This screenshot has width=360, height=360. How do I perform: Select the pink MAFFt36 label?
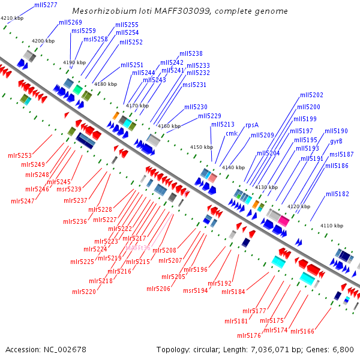point(137,247)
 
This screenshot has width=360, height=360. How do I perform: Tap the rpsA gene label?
point(252,125)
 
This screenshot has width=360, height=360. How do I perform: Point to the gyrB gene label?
point(336,142)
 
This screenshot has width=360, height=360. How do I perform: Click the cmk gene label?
point(232,134)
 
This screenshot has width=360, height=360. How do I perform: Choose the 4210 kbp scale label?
point(11,19)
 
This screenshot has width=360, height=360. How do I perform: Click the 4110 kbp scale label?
point(331,226)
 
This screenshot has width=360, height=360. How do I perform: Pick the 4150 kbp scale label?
point(201,147)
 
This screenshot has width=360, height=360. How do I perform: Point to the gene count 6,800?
point(341,349)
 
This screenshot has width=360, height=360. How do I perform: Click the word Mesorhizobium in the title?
point(100,11)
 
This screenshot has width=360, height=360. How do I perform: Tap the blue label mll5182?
point(337,194)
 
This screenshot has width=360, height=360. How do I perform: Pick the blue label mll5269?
point(70,22)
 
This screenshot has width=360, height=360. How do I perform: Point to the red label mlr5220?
point(83,292)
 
